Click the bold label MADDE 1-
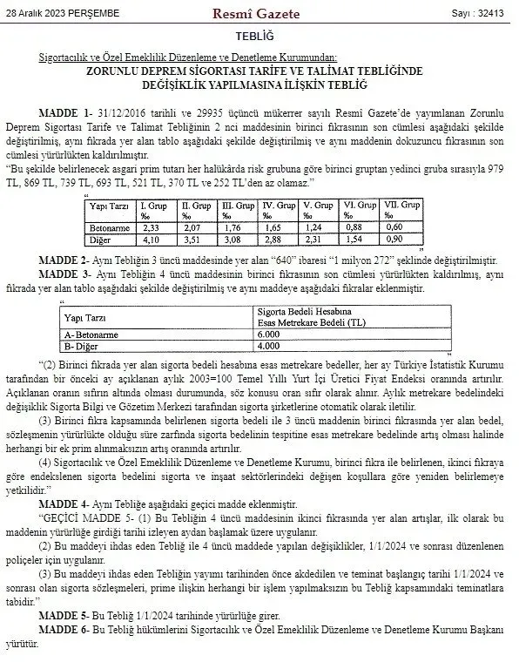point(66,114)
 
